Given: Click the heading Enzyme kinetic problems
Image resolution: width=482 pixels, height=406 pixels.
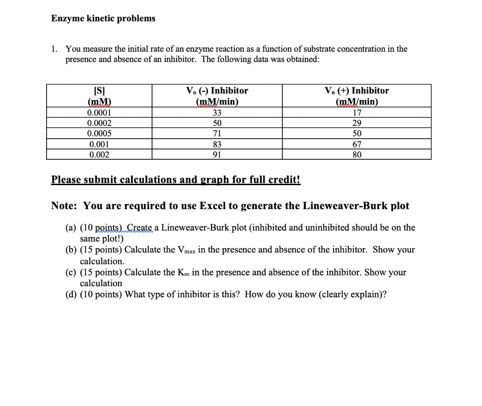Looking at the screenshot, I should click(103, 18).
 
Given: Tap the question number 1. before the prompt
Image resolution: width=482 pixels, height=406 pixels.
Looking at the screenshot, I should click(56, 49).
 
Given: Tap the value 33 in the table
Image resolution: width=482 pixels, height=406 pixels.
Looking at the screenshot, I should click(217, 113).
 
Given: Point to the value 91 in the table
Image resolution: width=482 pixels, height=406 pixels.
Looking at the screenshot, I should click(217, 155).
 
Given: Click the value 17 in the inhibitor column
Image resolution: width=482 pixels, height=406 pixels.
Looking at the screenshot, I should click(357, 113).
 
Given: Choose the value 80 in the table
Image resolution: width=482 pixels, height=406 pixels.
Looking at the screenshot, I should click(357, 155).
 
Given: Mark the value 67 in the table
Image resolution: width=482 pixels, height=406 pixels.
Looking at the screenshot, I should click(357, 144).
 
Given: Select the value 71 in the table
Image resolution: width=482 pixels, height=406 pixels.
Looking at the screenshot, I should click(217, 133).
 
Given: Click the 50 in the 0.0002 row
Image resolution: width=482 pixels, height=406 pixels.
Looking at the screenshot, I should click(217, 123).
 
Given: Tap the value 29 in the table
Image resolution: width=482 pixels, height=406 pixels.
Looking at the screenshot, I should click(357, 123).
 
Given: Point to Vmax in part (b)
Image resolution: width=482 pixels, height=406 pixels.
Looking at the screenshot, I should click(186, 250).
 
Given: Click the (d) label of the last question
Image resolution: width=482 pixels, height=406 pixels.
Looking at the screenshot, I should click(72, 295).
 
